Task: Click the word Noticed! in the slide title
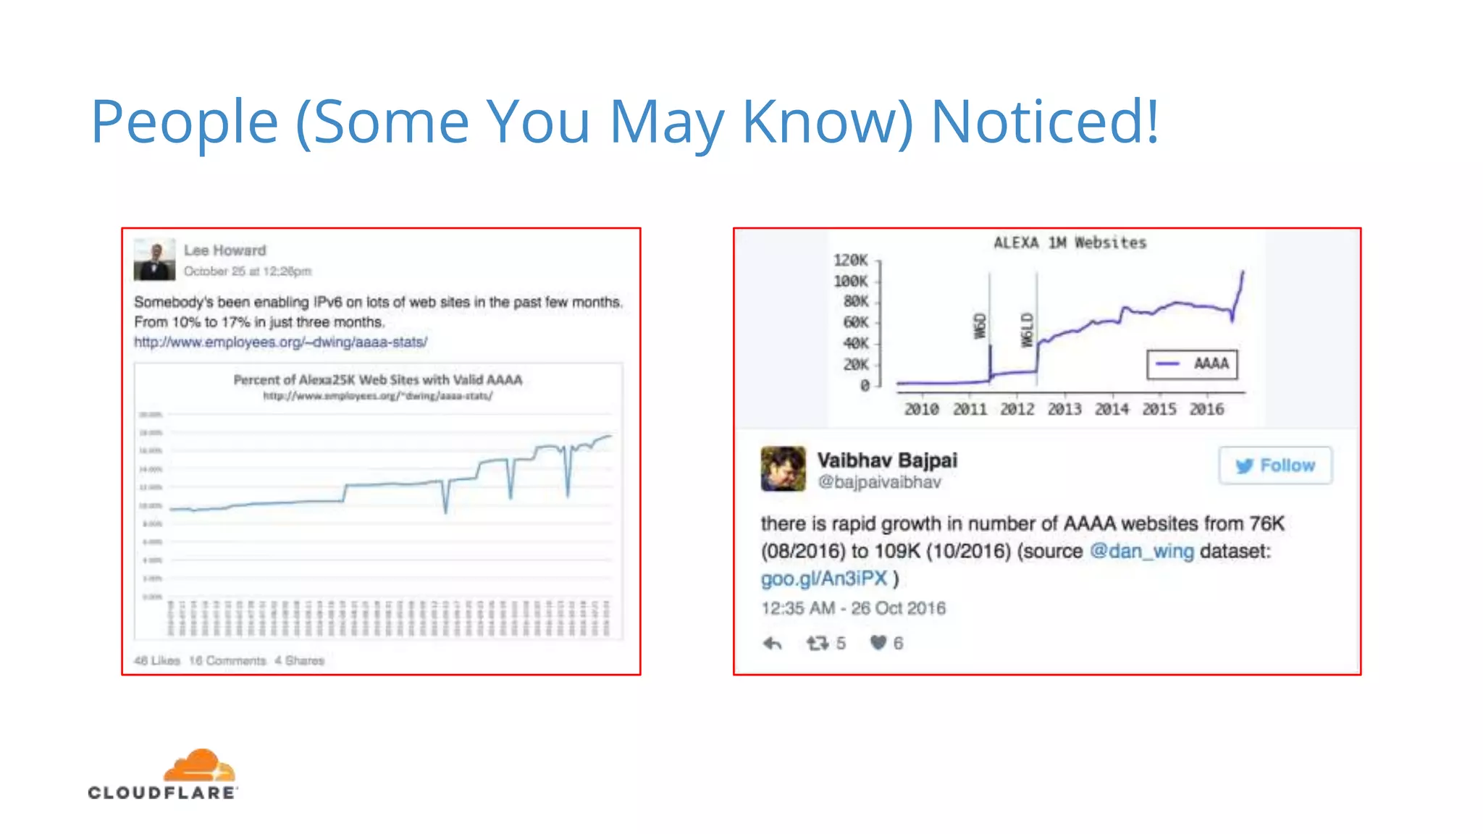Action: tap(1045, 122)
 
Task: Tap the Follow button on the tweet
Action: tap(1275, 466)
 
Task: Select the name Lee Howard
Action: tap(224, 250)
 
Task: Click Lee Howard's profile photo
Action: tap(154, 259)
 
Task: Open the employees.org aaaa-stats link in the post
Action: tap(280, 342)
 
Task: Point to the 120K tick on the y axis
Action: tap(851, 260)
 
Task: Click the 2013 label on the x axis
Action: tap(1064, 409)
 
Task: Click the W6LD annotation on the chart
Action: tap(1026, 329)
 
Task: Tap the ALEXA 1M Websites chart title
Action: tap(1070, 243)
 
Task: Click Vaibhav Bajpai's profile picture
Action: tap(783, 468)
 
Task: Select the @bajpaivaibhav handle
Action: tap(879, 482)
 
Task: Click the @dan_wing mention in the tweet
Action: tap(1141, 551)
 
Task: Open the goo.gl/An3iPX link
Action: tap(823, 578)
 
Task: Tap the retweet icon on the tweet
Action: tap(818, 643)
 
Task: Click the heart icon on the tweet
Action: tap(878, 643)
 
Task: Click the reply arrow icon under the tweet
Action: tap(773, 643)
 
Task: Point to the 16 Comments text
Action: tap(227, 660)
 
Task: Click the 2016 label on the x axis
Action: tap(1206, 409)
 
